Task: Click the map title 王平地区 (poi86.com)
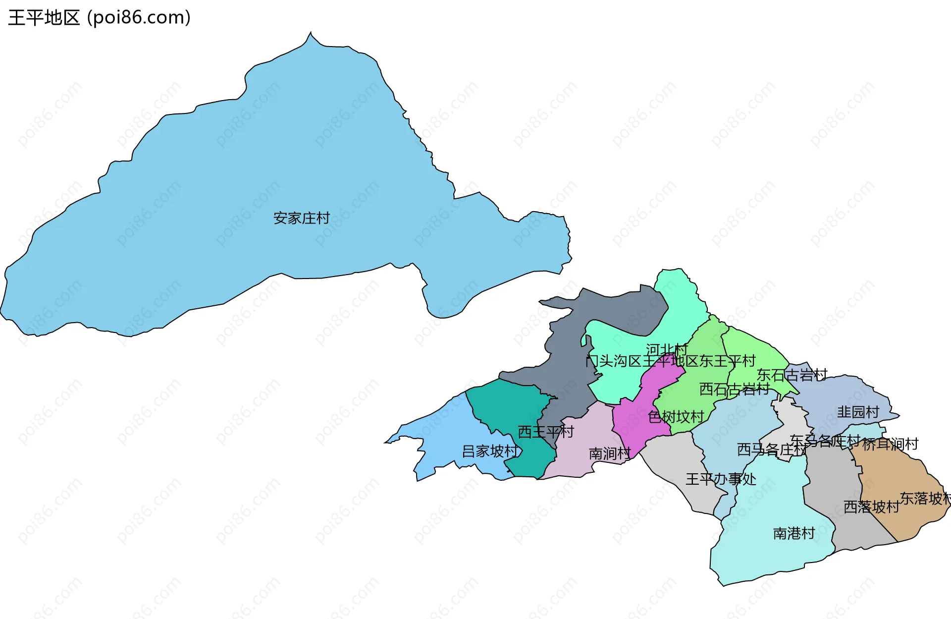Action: tap(99, 18)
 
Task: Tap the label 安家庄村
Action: tap(301, 218)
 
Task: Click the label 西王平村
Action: tap(545, 432)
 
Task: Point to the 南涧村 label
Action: tap(610, 453)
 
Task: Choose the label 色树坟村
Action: tap(676, 417)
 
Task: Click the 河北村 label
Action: tap(667, 350)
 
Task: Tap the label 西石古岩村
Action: tap(734, 389)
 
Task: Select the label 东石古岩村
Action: tap(792, 375)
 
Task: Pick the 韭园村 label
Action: tap(858, 412)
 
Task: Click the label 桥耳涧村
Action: tap(890, 444)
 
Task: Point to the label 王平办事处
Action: tap(721, 479)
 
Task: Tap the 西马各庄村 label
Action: tap(772, 450)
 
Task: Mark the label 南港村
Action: tap(794, 533)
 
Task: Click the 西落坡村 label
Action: tap(871, 507)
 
